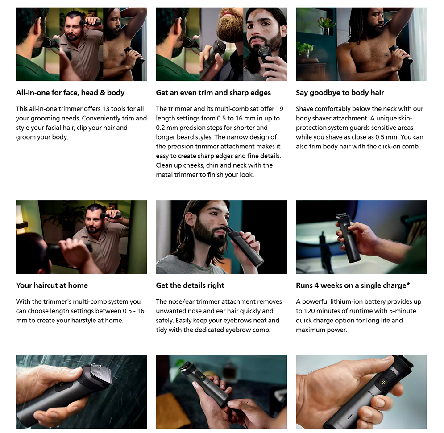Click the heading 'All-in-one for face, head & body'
click(70, 93)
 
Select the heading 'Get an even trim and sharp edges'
click(213, 93)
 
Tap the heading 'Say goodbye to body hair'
click(340, 93)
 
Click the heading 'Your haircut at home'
click(52, 285)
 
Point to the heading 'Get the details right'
click(190, 285)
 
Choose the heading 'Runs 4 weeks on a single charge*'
click(353, 285)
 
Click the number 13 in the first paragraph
click(106, 109)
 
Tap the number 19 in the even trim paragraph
click(279, 109)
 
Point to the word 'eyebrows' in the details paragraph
click(237, 320)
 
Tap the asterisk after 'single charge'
click(408, 284)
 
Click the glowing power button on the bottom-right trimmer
click(383, 382)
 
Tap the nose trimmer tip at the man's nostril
click(228, 228)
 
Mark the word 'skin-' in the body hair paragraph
click(402, 118)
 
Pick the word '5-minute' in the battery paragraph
click(403, 311)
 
